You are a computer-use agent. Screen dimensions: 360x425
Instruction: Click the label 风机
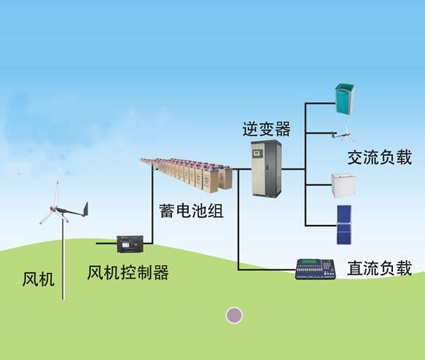39,279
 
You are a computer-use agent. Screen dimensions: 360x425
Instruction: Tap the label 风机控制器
128,273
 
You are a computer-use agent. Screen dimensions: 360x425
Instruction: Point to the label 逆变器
266,129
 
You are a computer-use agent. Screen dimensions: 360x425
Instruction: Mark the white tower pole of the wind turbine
64,260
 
